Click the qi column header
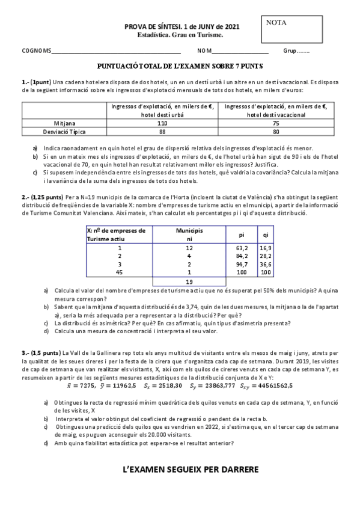[265, 234]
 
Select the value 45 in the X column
[120, 272]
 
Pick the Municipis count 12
[189, 247]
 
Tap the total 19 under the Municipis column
[189, 281]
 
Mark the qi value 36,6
[265, 263]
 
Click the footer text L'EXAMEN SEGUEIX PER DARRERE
[181, 469]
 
